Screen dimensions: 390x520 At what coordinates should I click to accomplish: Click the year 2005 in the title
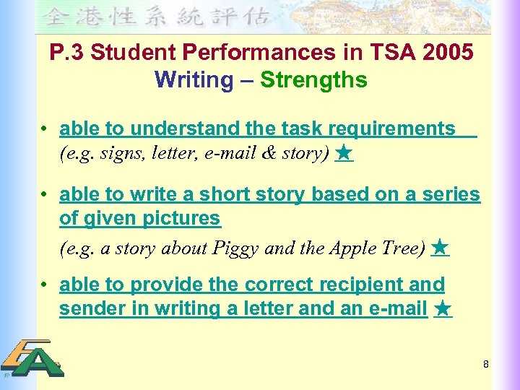point(448,53)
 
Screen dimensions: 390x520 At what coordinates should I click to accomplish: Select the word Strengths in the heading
point(313,79)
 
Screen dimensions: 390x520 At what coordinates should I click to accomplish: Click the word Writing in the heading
point(194,79)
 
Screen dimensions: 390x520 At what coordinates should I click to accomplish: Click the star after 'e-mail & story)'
point(344,153)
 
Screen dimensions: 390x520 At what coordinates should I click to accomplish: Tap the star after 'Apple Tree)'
point(439,248)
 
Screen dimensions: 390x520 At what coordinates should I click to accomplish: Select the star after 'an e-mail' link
point(443,309)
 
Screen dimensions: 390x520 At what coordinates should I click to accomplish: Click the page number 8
point(486,365)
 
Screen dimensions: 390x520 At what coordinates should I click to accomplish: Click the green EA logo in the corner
point(32,358)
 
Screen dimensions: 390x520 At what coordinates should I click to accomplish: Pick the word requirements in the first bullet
point(392,129)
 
